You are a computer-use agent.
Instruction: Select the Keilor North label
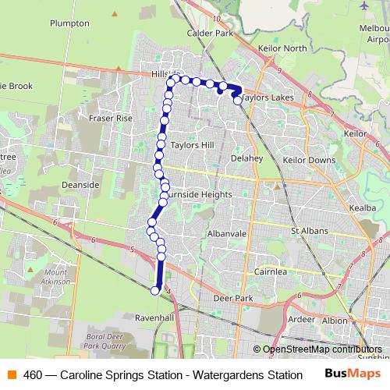(283, 48)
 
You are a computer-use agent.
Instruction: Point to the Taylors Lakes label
(268, 99)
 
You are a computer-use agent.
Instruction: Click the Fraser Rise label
(111, 118)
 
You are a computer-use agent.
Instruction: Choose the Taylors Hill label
(192, 145)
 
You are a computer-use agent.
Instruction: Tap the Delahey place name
(247, 158)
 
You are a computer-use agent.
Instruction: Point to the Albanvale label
(228, 233)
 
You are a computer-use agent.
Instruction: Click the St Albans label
(307, 231)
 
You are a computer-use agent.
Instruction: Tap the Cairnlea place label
(271, 271)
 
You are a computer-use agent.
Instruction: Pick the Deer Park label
(234, 298)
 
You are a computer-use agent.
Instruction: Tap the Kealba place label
(363, 209)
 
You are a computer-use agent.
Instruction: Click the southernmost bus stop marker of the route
(154, 291)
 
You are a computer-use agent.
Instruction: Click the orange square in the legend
(12, 374)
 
